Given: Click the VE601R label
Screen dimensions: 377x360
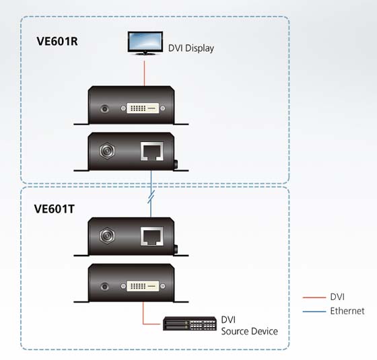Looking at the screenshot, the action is [x=57, y=41].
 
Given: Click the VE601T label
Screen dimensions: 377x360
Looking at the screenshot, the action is [x=54, y=209].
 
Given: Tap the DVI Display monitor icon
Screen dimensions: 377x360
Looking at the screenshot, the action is [x=145, y=43].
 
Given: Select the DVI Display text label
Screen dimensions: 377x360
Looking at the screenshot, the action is [x=191, y=48].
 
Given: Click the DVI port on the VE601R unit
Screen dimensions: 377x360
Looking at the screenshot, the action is [x=143, y=108].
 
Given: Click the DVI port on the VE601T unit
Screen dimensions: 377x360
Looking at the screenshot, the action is [x=143, y=286].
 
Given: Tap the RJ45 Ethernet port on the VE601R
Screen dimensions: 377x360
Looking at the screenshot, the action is [x=151, y=151].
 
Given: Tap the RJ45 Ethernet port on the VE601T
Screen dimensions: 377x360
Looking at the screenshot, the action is [x=151, y=236].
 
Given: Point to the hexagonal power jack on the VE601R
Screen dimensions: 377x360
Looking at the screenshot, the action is [x=107, y=151].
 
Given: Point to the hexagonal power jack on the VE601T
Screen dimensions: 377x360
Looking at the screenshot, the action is [x=107, y=236].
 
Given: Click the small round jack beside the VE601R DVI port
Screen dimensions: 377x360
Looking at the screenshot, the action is [x=104, y=109].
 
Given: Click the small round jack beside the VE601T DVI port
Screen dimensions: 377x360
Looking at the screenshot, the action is [x=104, y=287].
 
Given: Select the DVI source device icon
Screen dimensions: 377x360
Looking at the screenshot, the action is [x=190, y=324].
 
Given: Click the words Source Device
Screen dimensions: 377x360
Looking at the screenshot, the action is [x=249, y=331].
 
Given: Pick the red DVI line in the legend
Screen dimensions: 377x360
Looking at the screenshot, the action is [x=314, y=297].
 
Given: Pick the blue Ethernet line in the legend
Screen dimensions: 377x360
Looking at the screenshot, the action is [x=314, y=312].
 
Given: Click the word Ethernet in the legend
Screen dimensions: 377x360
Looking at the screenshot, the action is [x=347, y=311].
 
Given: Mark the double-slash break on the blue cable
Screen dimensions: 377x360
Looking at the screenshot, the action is [x=151, y=196].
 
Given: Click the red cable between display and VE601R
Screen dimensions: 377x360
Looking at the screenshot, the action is [x=144, y=73].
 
